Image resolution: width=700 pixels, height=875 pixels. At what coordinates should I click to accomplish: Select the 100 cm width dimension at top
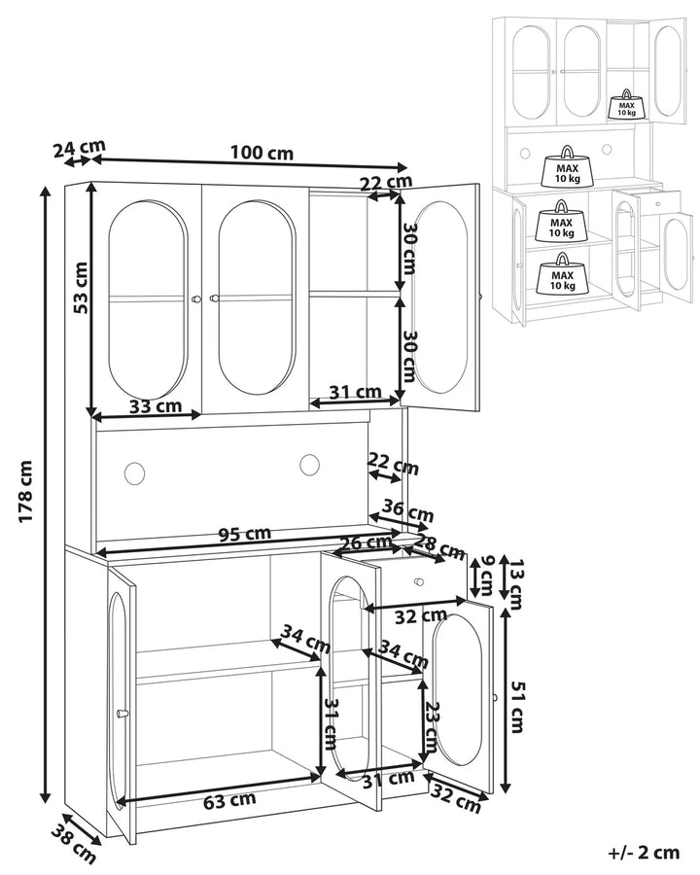click(x=262, y=153)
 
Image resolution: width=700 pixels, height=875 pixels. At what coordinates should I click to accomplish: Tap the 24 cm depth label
click(x=78, y=149)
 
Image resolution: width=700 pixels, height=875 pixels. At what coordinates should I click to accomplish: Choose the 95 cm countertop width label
click(x=243, y=533)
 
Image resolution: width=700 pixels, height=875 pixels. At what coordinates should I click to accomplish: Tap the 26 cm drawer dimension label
click(x=365, y=542)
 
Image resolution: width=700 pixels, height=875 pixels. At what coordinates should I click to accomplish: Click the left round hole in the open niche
click(x=133, y=472)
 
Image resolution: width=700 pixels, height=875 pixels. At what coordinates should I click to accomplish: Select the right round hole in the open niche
click(x=310, y=466)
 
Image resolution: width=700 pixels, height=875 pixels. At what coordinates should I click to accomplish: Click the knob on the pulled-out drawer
click(x=419, y=581)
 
